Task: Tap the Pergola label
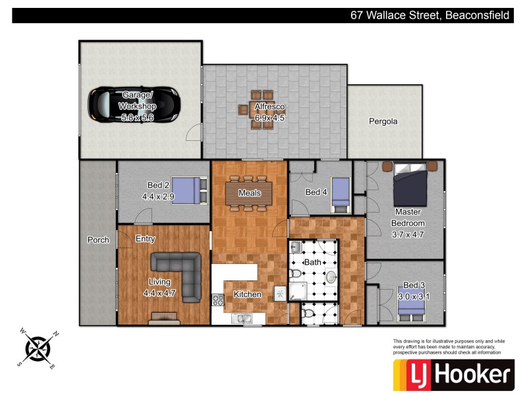(x=383, y=122)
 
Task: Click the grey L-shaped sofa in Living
(x=180, y=277)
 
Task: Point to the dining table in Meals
(x=250, y=194)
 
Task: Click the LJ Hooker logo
(x=453, y=375)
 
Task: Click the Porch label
(x=98, y=240)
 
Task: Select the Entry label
(x=145, y=239)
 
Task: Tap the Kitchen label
(x=248, y=294)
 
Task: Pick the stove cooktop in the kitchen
(x=217, y=299)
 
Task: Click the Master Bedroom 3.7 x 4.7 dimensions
(x=407, y=234)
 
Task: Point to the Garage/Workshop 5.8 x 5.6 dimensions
(x=137, y=117)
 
